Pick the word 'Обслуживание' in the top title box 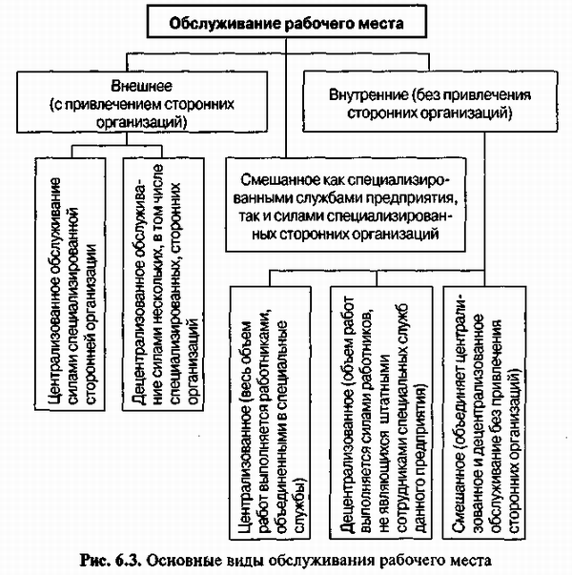pos(229,20)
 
